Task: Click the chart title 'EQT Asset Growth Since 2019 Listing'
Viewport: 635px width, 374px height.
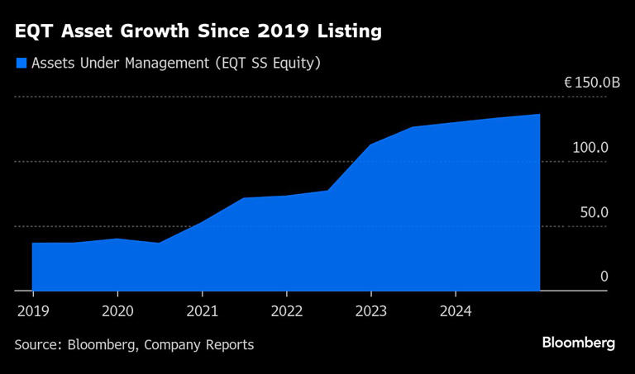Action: [x=198, y=32]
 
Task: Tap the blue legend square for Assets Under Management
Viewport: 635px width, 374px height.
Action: [x=21, y=63]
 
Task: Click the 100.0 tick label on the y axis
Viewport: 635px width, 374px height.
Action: [x=590, y=148]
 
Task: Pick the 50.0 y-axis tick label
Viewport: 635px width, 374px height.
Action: [x=594, y=212]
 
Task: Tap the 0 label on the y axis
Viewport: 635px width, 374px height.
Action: [x=604, y=277]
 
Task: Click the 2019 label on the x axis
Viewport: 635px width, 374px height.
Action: [x=32, y=311]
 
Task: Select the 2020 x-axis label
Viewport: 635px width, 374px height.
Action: [x=117, y=311]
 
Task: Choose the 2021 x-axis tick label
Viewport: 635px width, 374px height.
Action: [x=202, y=311]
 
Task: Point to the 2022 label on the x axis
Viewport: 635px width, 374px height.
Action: [x=286, y=311]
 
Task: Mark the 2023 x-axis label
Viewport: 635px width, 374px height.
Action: [x=370, y=311]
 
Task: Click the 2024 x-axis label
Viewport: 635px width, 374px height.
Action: [x=456, y=311]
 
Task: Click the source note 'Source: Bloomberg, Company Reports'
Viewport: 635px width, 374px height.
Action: [x=134, y=344]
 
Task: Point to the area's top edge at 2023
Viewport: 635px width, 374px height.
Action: [x=370, y=145]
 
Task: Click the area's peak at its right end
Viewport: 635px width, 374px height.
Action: [x=539, y=115]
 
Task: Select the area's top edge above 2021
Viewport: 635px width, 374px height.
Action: [x=202, y=223]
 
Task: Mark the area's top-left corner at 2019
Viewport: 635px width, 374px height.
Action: [x=33, y=243]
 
